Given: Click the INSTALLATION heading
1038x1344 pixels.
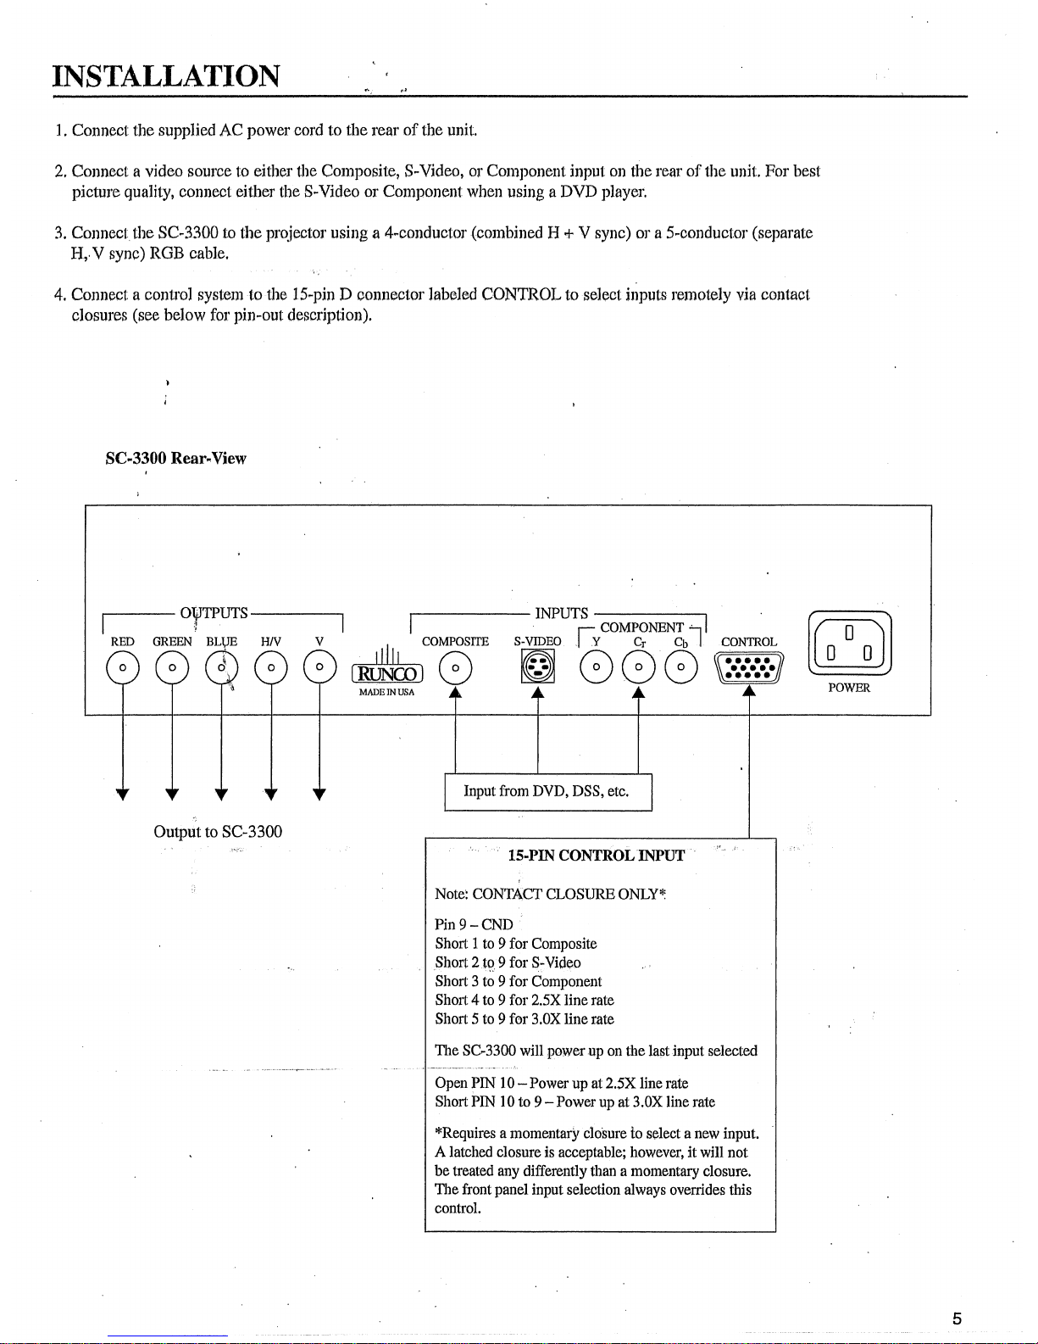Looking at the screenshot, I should [166, 76].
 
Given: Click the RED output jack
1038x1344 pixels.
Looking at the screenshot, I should [123, 668].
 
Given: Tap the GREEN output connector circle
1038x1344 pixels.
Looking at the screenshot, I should [172, 668].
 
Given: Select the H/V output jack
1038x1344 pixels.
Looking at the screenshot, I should [271, 668].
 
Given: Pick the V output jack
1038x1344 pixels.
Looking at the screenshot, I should [319, 668].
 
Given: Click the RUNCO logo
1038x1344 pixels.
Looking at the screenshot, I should [386, 674].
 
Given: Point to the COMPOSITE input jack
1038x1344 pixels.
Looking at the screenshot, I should [456, 669].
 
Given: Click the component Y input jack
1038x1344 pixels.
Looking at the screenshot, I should [597, 668].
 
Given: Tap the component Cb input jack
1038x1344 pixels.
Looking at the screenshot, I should [680, 668].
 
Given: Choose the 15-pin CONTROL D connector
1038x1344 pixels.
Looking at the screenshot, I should [749, 668].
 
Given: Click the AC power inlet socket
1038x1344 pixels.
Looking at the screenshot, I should [848, 644].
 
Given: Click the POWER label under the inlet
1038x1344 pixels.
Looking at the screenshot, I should [849, 688].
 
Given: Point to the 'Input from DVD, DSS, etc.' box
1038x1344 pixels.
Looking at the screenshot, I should [547, 792].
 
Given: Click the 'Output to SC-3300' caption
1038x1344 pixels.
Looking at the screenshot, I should [218, 832].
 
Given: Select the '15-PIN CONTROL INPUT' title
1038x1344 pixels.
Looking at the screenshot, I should [596, 856].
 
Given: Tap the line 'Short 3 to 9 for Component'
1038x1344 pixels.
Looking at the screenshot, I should [519, 981].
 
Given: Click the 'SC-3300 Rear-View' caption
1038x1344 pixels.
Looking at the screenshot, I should [175, 459].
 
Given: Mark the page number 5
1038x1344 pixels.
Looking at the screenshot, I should [957, 1319].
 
